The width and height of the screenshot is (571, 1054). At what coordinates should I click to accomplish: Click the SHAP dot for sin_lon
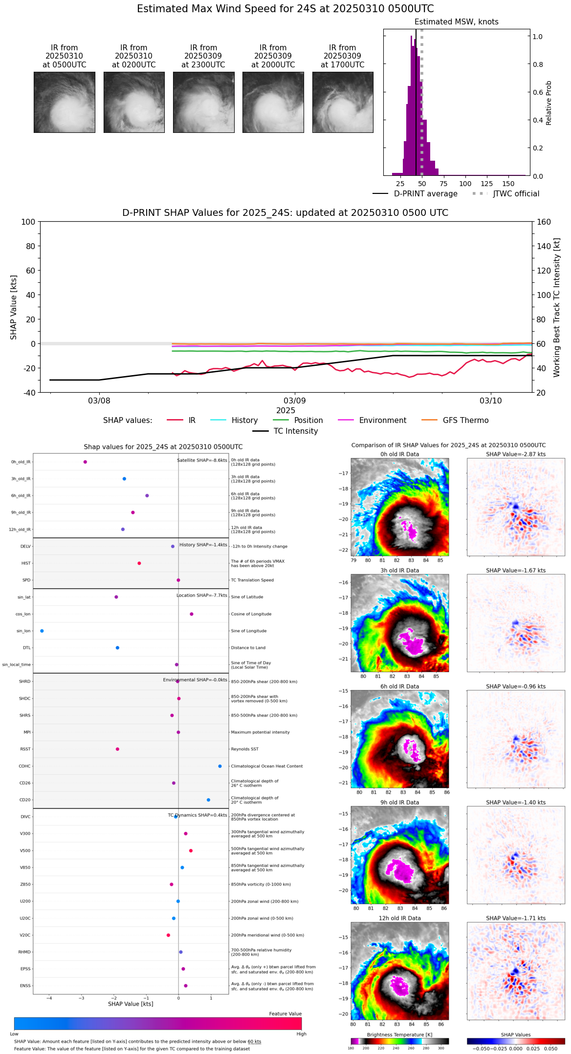(42, 631)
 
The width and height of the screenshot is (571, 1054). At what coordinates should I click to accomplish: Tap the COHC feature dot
(220, 766)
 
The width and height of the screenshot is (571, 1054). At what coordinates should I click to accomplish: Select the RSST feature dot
(117, 749)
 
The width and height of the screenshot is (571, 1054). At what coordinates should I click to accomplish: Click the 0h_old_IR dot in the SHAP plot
(85, 462)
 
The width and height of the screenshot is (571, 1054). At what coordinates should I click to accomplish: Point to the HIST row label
(26, 563)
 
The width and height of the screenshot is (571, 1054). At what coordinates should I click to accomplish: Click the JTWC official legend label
(516, 194)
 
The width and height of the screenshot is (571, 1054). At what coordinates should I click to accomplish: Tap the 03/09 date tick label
(295, 401)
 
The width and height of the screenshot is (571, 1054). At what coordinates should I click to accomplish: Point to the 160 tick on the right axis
(544, 222)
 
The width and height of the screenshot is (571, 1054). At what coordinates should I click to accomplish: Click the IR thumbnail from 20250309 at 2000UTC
(273, 102)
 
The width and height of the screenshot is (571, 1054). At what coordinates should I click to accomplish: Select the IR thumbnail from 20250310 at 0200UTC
(134, 102)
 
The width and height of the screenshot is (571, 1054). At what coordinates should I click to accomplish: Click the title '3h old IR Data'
(399, 570)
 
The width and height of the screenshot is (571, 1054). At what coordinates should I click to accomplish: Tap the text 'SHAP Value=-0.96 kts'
(516, 686)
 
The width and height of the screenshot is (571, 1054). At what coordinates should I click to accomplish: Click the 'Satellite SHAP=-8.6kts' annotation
(202, 460)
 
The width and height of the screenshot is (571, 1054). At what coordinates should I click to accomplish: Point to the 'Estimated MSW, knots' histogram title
(457, 22)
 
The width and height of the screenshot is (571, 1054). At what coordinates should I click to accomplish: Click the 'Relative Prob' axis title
(549, 103)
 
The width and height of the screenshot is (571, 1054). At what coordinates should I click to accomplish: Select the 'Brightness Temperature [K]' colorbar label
(399, 1034)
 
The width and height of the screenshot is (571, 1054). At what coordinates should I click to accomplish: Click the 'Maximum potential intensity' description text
(260, 732)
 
